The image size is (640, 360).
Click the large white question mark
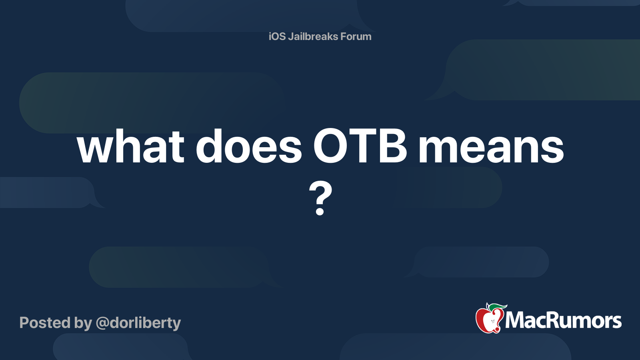320,198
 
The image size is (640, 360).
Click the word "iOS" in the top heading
277,36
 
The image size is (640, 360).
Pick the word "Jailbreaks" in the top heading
313,36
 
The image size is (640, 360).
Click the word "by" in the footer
83,324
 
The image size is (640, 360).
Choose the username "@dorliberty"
138,324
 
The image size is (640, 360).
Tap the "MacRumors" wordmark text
563,320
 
